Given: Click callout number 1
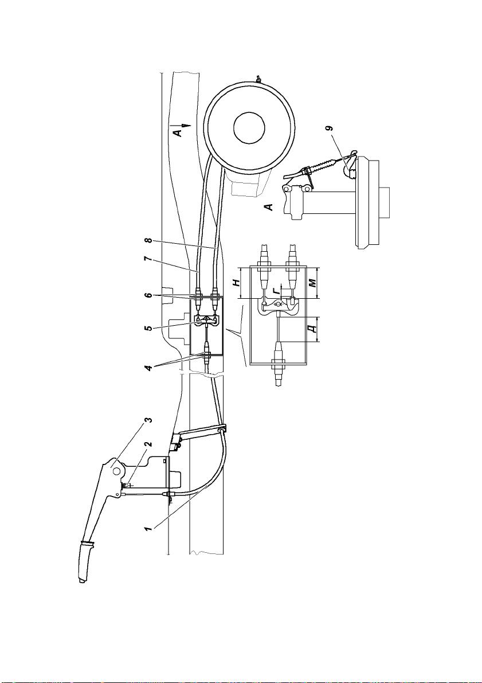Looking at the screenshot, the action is pos(148,529).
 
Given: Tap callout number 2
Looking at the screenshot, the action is pos(148,444).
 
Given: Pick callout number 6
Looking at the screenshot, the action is pos(148,296).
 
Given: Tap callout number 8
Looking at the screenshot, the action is pos(148,240).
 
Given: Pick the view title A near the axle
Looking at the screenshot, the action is pos(269,206).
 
